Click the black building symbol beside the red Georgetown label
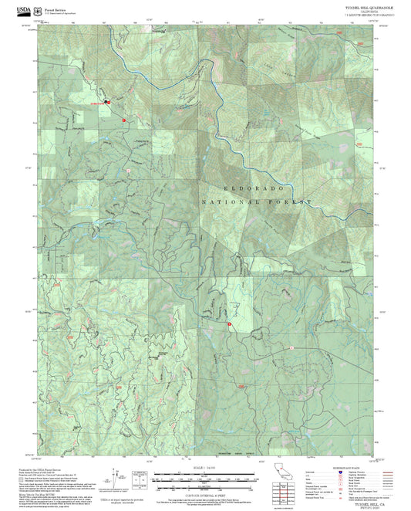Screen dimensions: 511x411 (x=108, y=102)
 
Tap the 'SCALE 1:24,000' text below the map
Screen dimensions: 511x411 (x=204, y=468)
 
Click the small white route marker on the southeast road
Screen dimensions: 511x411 (x=293, y=347)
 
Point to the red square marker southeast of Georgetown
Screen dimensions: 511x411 (x=123, y=120)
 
